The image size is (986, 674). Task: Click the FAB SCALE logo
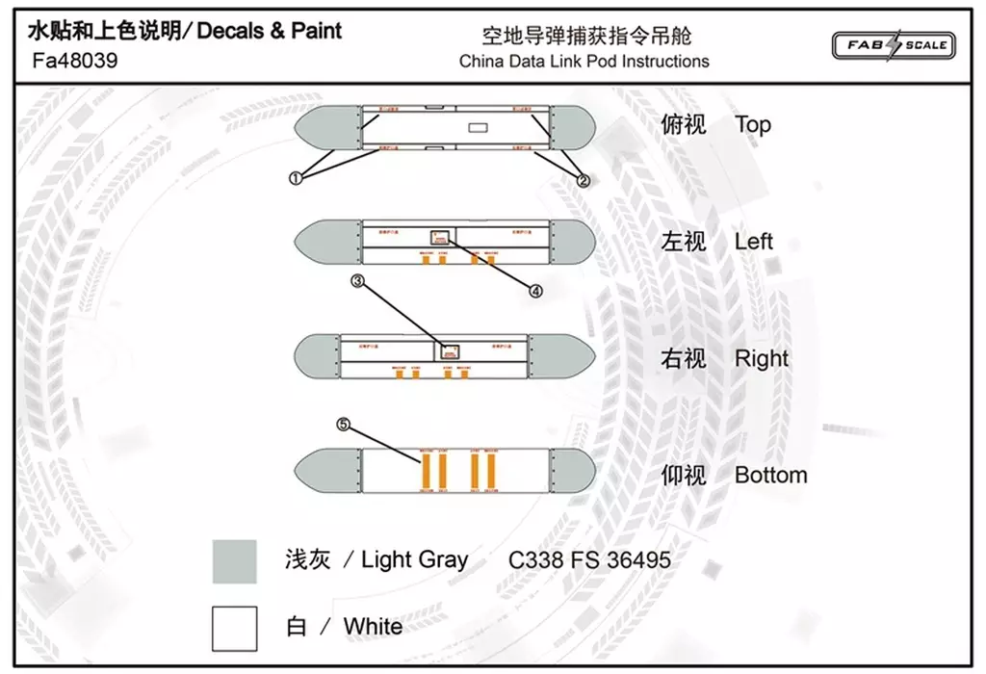pyautogui.click(x=893, y=44)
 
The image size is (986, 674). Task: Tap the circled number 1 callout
pyautogui.click(x=296, y=177)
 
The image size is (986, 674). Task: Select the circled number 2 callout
pyautogui.click(x=582, y=179)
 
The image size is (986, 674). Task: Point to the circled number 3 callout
pyautogui.click(x=358, y=281)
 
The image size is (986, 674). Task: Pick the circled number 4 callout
pyautogui.click(x=534, y=289)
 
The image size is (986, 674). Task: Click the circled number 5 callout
pyautogui.click(x=343, y=423)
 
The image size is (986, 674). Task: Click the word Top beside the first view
pyautogui.click(x=752, y=124)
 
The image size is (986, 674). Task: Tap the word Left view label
pyautogui.click(x=753, y=241)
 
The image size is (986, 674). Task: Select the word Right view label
pyautogui.click(x=761, y=358)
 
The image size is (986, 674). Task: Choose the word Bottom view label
pyautogui.click(x=770, y=475)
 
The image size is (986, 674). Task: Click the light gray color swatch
pyautogui.click(x=234, y=561)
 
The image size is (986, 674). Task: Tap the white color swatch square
pyautogui.click(x=234, y=628)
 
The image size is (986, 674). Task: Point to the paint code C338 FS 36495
pyautogui.click(x=589, y=559)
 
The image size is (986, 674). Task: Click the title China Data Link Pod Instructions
pyautogui.click(x=584, y=62)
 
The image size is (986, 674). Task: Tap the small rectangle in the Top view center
pyautogui.click(x=478, y=127)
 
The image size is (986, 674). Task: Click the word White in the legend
pyautogui.click(x=373, y=627)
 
